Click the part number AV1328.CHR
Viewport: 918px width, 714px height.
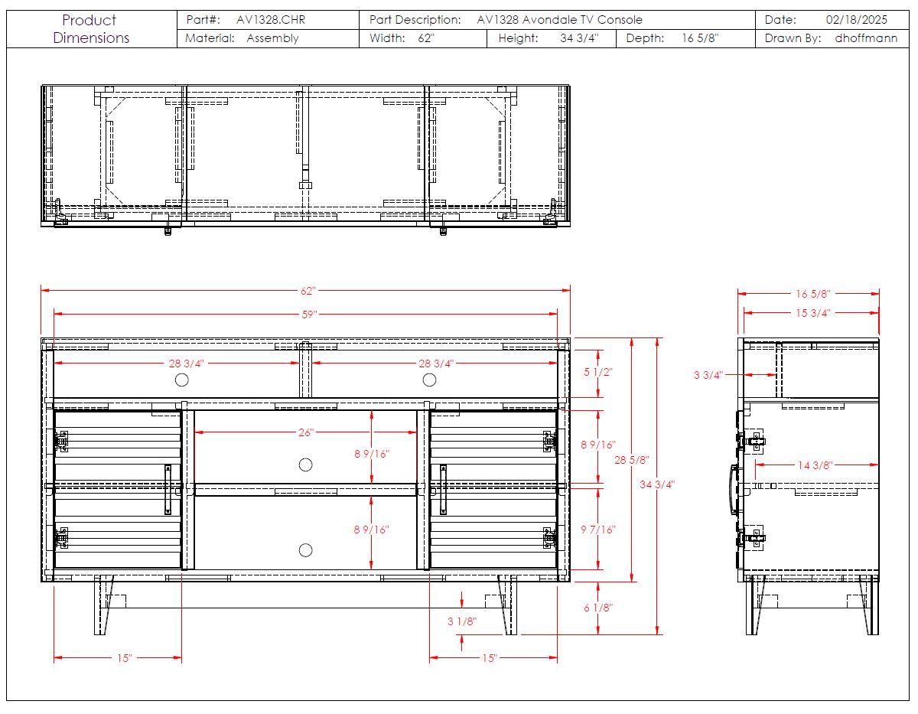(x=270, y=19)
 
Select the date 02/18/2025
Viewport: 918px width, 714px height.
(x=856, y=19)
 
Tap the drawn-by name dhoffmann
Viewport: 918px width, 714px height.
(x=866, y=38)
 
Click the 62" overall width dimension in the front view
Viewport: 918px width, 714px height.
(x=308, y=291)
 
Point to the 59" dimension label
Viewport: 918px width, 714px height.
(x=309, y=315)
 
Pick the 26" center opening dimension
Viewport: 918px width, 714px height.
(x=306, y=432)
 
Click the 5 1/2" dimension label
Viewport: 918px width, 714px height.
(x=597, y=372)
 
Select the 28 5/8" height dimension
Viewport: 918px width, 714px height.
(x=631, y=460)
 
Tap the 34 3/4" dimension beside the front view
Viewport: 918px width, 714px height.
(x=657, y=484)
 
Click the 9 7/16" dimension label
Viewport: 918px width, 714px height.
(x=597, y=530)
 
